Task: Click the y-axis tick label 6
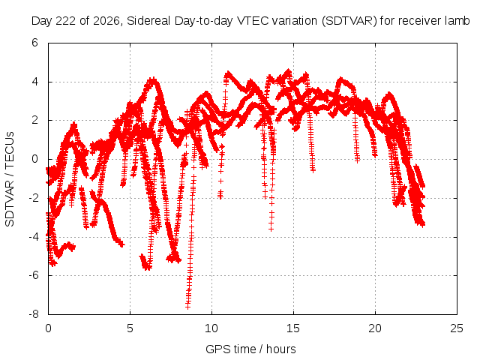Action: (34, 43)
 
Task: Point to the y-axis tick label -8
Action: (33, 314)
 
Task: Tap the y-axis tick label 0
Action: (34, 159)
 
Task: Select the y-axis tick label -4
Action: (33, 237)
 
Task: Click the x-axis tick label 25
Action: (457, 328)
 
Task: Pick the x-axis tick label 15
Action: (293, 328)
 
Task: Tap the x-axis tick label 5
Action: (130, 328)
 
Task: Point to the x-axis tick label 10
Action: (211, 328)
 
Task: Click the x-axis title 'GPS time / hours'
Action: (250, 349)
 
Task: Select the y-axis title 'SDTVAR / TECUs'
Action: (10, 179)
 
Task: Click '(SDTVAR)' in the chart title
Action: (349, 21)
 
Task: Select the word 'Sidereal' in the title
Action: (149, 21)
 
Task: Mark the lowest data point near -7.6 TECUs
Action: (187, 307)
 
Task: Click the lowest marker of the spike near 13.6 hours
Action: (271, 229)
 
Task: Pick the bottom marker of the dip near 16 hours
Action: (313, 170)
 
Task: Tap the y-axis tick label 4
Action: (34, 82)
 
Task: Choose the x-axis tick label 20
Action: (375, 328)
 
